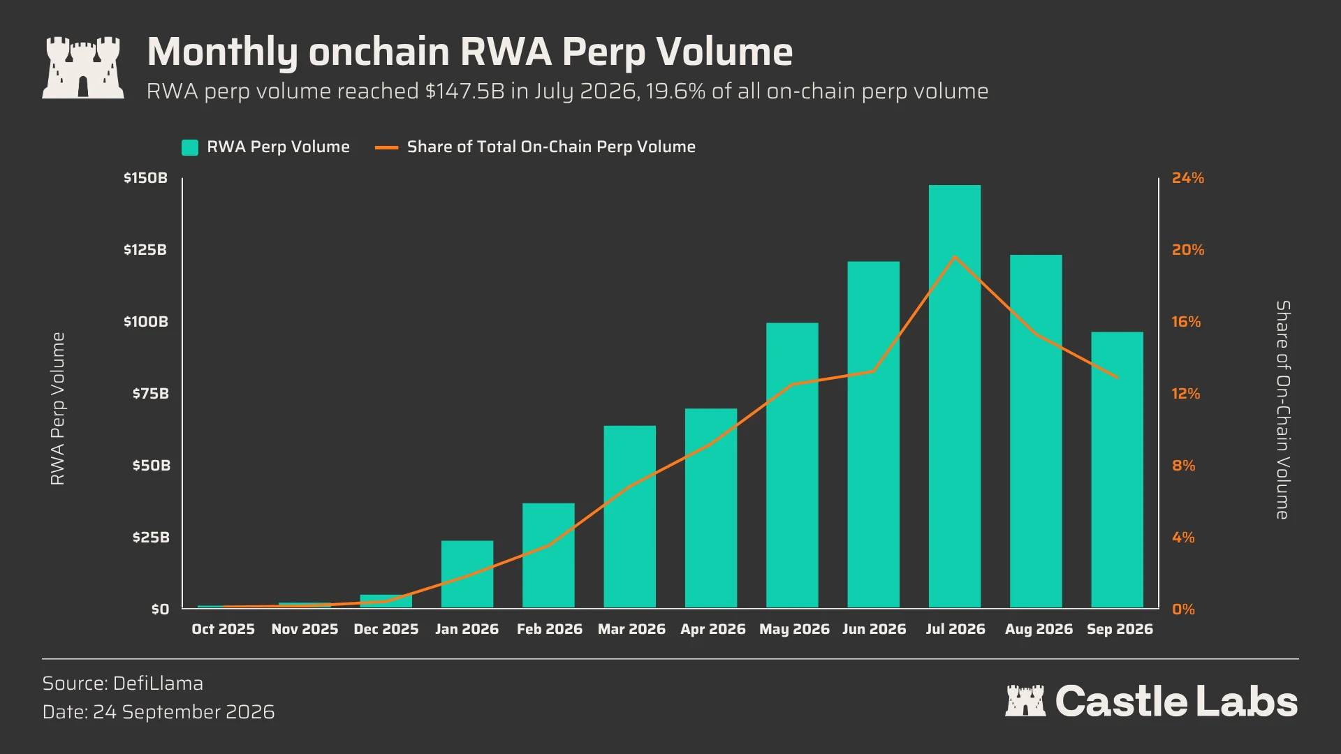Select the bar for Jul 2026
point(955,397)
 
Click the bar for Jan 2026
point(467,575)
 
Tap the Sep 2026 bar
point(1117,470)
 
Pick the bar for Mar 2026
point(630,517)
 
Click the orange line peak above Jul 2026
point(955,257)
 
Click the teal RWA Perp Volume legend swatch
point(190,147)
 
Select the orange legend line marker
point(386,147)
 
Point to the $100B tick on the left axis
point(146,322)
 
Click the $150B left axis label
point(146,178)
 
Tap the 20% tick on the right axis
point(1188,250)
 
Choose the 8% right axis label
point(1184,466)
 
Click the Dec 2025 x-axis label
point(386,629)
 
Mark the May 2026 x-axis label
point(794,629)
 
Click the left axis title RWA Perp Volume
point(57,408)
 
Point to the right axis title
point(1283,410)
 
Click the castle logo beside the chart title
point(83,68)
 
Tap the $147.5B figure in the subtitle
point(465,91)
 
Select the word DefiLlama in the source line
point(158,683)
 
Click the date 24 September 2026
point(184,712)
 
